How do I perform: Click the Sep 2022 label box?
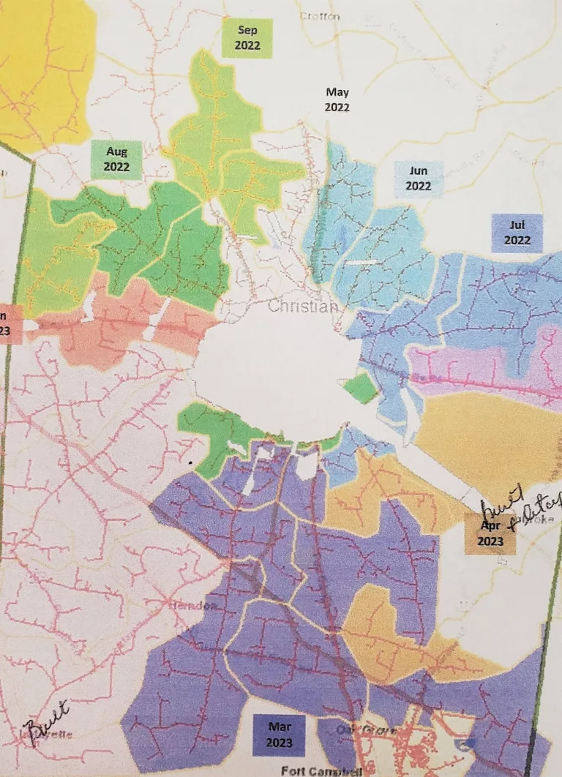coord(248,38)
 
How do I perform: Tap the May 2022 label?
coord(337,100)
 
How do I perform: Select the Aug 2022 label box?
coord(116,159)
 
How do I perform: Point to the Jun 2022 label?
coord(419,179)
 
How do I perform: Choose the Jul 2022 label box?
coord(517,233)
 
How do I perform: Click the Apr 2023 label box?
coord(490,534)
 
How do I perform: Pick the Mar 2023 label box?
coord(279,735)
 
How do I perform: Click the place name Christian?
coord(303,307)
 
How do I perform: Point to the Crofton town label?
coord(320,16)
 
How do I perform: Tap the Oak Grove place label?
coord(356,731)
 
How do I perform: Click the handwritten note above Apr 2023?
coord(521,504)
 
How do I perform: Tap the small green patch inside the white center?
coord(361,388)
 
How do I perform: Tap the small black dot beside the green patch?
coord(191,462)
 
